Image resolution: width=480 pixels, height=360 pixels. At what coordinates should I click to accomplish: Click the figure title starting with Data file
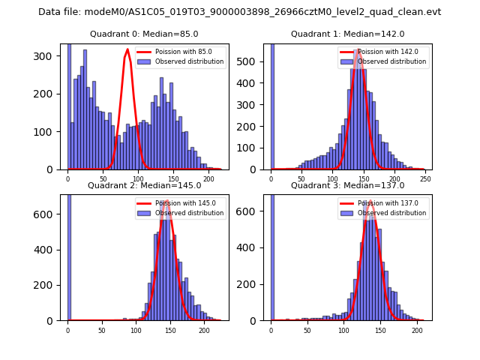coord(239,12)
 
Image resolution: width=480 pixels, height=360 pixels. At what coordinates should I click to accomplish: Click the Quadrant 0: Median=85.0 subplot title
coord(144,34)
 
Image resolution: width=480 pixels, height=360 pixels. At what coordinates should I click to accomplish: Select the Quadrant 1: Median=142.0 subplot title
coord(347,34)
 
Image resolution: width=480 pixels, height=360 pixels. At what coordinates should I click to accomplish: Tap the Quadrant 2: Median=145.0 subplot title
coord(144,185)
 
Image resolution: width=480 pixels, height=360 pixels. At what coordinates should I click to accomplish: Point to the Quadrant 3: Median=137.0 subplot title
coord(347,185)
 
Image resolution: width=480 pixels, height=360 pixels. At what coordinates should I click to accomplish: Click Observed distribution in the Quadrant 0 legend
coord(188,61)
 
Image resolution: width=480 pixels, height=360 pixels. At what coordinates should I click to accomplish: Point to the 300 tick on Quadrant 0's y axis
coord(46,56)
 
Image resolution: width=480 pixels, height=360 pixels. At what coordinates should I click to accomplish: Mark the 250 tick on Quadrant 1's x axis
coord(424,178)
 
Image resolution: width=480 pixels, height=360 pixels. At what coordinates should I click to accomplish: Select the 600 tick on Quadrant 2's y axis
coord(46,214)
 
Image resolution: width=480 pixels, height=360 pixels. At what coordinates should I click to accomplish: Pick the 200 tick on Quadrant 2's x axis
coord(204,329)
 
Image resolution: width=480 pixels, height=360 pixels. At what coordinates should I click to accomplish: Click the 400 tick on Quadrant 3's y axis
coord(250,247)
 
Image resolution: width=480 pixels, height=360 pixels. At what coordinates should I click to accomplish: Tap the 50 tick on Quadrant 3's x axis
coord(307,329)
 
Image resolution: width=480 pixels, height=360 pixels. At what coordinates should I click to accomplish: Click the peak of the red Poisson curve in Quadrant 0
coord(127,50)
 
